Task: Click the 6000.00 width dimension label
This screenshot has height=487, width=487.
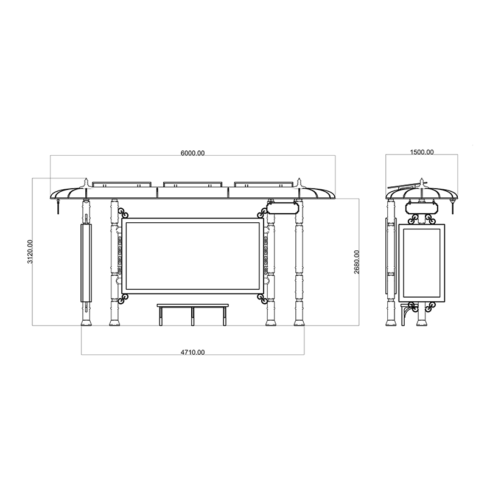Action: click(192, 153)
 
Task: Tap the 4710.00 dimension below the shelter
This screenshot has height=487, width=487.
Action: click(192, 352)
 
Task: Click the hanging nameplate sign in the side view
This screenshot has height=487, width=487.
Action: click(421, 207)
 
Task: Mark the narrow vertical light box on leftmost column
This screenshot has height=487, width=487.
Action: click(86, 262)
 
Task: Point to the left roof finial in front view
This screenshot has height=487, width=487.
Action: click(86, 182)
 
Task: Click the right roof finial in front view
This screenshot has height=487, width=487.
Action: click(299, 182)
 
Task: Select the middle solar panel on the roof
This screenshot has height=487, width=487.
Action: click(193, 183)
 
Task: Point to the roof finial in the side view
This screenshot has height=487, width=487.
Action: click(421, 182)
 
